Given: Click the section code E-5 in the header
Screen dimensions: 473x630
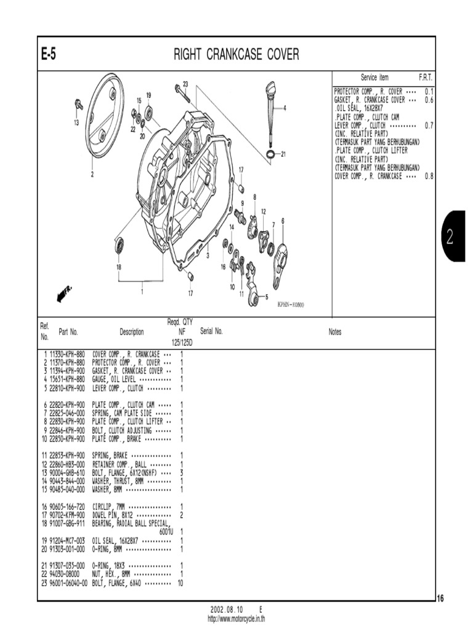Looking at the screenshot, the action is pyautogui.click(x=49, y=55).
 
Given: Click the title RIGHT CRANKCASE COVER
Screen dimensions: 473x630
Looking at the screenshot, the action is pyautogui.click(x=236, y=55).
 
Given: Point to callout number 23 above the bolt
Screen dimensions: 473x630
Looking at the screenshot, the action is pyautogui.click(x=185, y=84).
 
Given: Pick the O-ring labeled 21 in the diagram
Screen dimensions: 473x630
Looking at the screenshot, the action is pyautogui.click(x=270, y=153).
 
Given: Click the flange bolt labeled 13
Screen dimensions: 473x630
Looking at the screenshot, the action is pyautogui.click(x=79, y=105).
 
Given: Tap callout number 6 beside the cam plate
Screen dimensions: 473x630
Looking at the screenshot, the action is pyautogui.click(x=282, y=221).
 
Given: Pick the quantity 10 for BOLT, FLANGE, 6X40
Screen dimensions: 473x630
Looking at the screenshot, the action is pyautogui.click(x=180, y=582).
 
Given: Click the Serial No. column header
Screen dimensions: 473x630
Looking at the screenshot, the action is pyautogui.click(x=211, y=331).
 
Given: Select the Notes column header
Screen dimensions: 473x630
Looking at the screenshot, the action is pyautogui.click(x=334, y=332).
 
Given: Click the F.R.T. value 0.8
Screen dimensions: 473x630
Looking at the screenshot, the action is pyautogui.click(x=429, y=175).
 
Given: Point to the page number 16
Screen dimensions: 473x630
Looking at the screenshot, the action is pyautogui.click(x=441, y=597).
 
